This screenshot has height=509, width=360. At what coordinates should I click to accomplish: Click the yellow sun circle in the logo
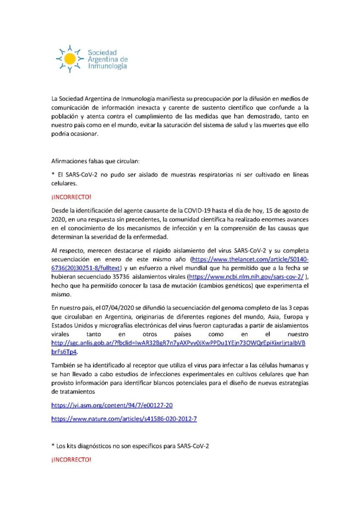[x=70, y=59]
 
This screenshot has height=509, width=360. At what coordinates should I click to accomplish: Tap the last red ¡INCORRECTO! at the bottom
[x=72, y=459]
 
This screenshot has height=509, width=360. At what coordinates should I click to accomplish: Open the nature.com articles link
[x=124, y=419]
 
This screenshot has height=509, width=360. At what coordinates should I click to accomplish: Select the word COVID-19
[x=170, y=210]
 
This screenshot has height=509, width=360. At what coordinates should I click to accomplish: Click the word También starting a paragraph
[x=63, y=366]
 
